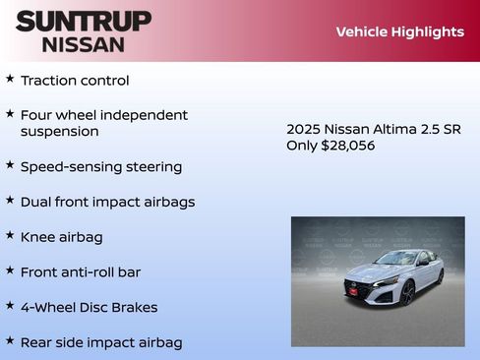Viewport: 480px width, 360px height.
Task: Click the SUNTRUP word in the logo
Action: (x=84, y=21)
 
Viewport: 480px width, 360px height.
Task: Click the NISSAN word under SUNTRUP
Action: (x=84, y=44)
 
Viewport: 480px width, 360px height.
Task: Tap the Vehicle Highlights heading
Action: (x=399, y=31)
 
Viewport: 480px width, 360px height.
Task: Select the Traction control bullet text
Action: (x=75, y=81)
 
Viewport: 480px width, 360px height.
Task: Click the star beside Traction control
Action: (x=10, y=79)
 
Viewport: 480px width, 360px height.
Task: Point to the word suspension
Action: (x=60, y=131)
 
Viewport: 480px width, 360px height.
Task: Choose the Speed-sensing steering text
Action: (x=101, y=166)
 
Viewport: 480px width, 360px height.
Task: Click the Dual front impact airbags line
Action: (x=107, y=202)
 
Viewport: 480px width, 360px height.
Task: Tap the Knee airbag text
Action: (x=61, y=237)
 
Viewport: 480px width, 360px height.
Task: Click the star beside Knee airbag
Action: (x=10, y=235)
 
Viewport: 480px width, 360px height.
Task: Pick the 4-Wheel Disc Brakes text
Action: (x=89, y=307)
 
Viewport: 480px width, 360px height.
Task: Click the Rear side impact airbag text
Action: (x=101, y=342)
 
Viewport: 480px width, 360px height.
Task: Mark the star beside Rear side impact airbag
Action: (x=10, y=340)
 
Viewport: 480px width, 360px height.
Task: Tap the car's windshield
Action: (x=397, y=259)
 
